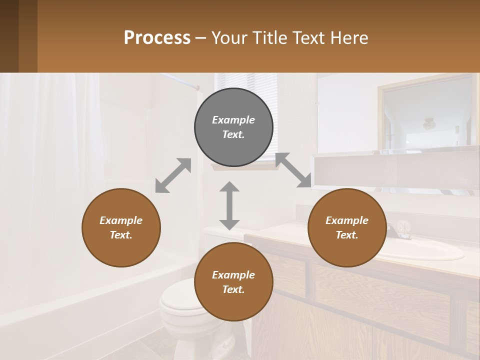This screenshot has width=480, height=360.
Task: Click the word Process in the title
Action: click(x=157, y=38)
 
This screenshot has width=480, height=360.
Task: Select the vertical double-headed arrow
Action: click(x=229, y=205)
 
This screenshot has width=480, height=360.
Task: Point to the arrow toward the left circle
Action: click(x=173, y=175)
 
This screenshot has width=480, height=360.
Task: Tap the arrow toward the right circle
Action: click(x=293, y=170)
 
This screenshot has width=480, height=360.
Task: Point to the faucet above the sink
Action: click(x=400, y=230)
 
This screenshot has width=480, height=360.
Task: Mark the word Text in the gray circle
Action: click(x=233, y=134)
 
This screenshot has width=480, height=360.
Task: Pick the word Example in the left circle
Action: click(x=121, y=220)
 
